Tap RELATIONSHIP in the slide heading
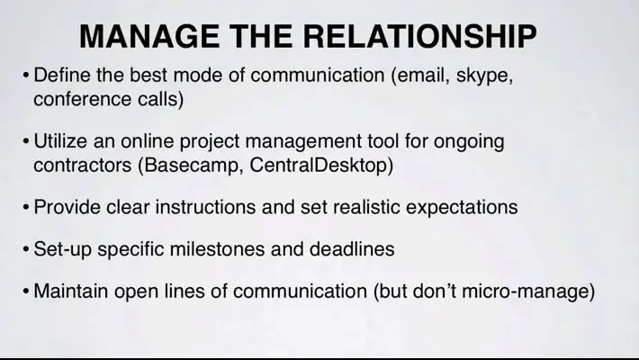point(419,36)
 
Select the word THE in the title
point(261,36)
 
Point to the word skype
point(482,76)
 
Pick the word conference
point(82,99)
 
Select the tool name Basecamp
point(191,166)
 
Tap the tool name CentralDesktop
point(318,166)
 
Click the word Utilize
point(60,141)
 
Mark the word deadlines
point(352,249)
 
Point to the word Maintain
point(71,291)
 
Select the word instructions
point(206,207)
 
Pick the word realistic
point(365,207)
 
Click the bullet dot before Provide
point(26,208)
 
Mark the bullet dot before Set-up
point(26,249)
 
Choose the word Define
point(62,75)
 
